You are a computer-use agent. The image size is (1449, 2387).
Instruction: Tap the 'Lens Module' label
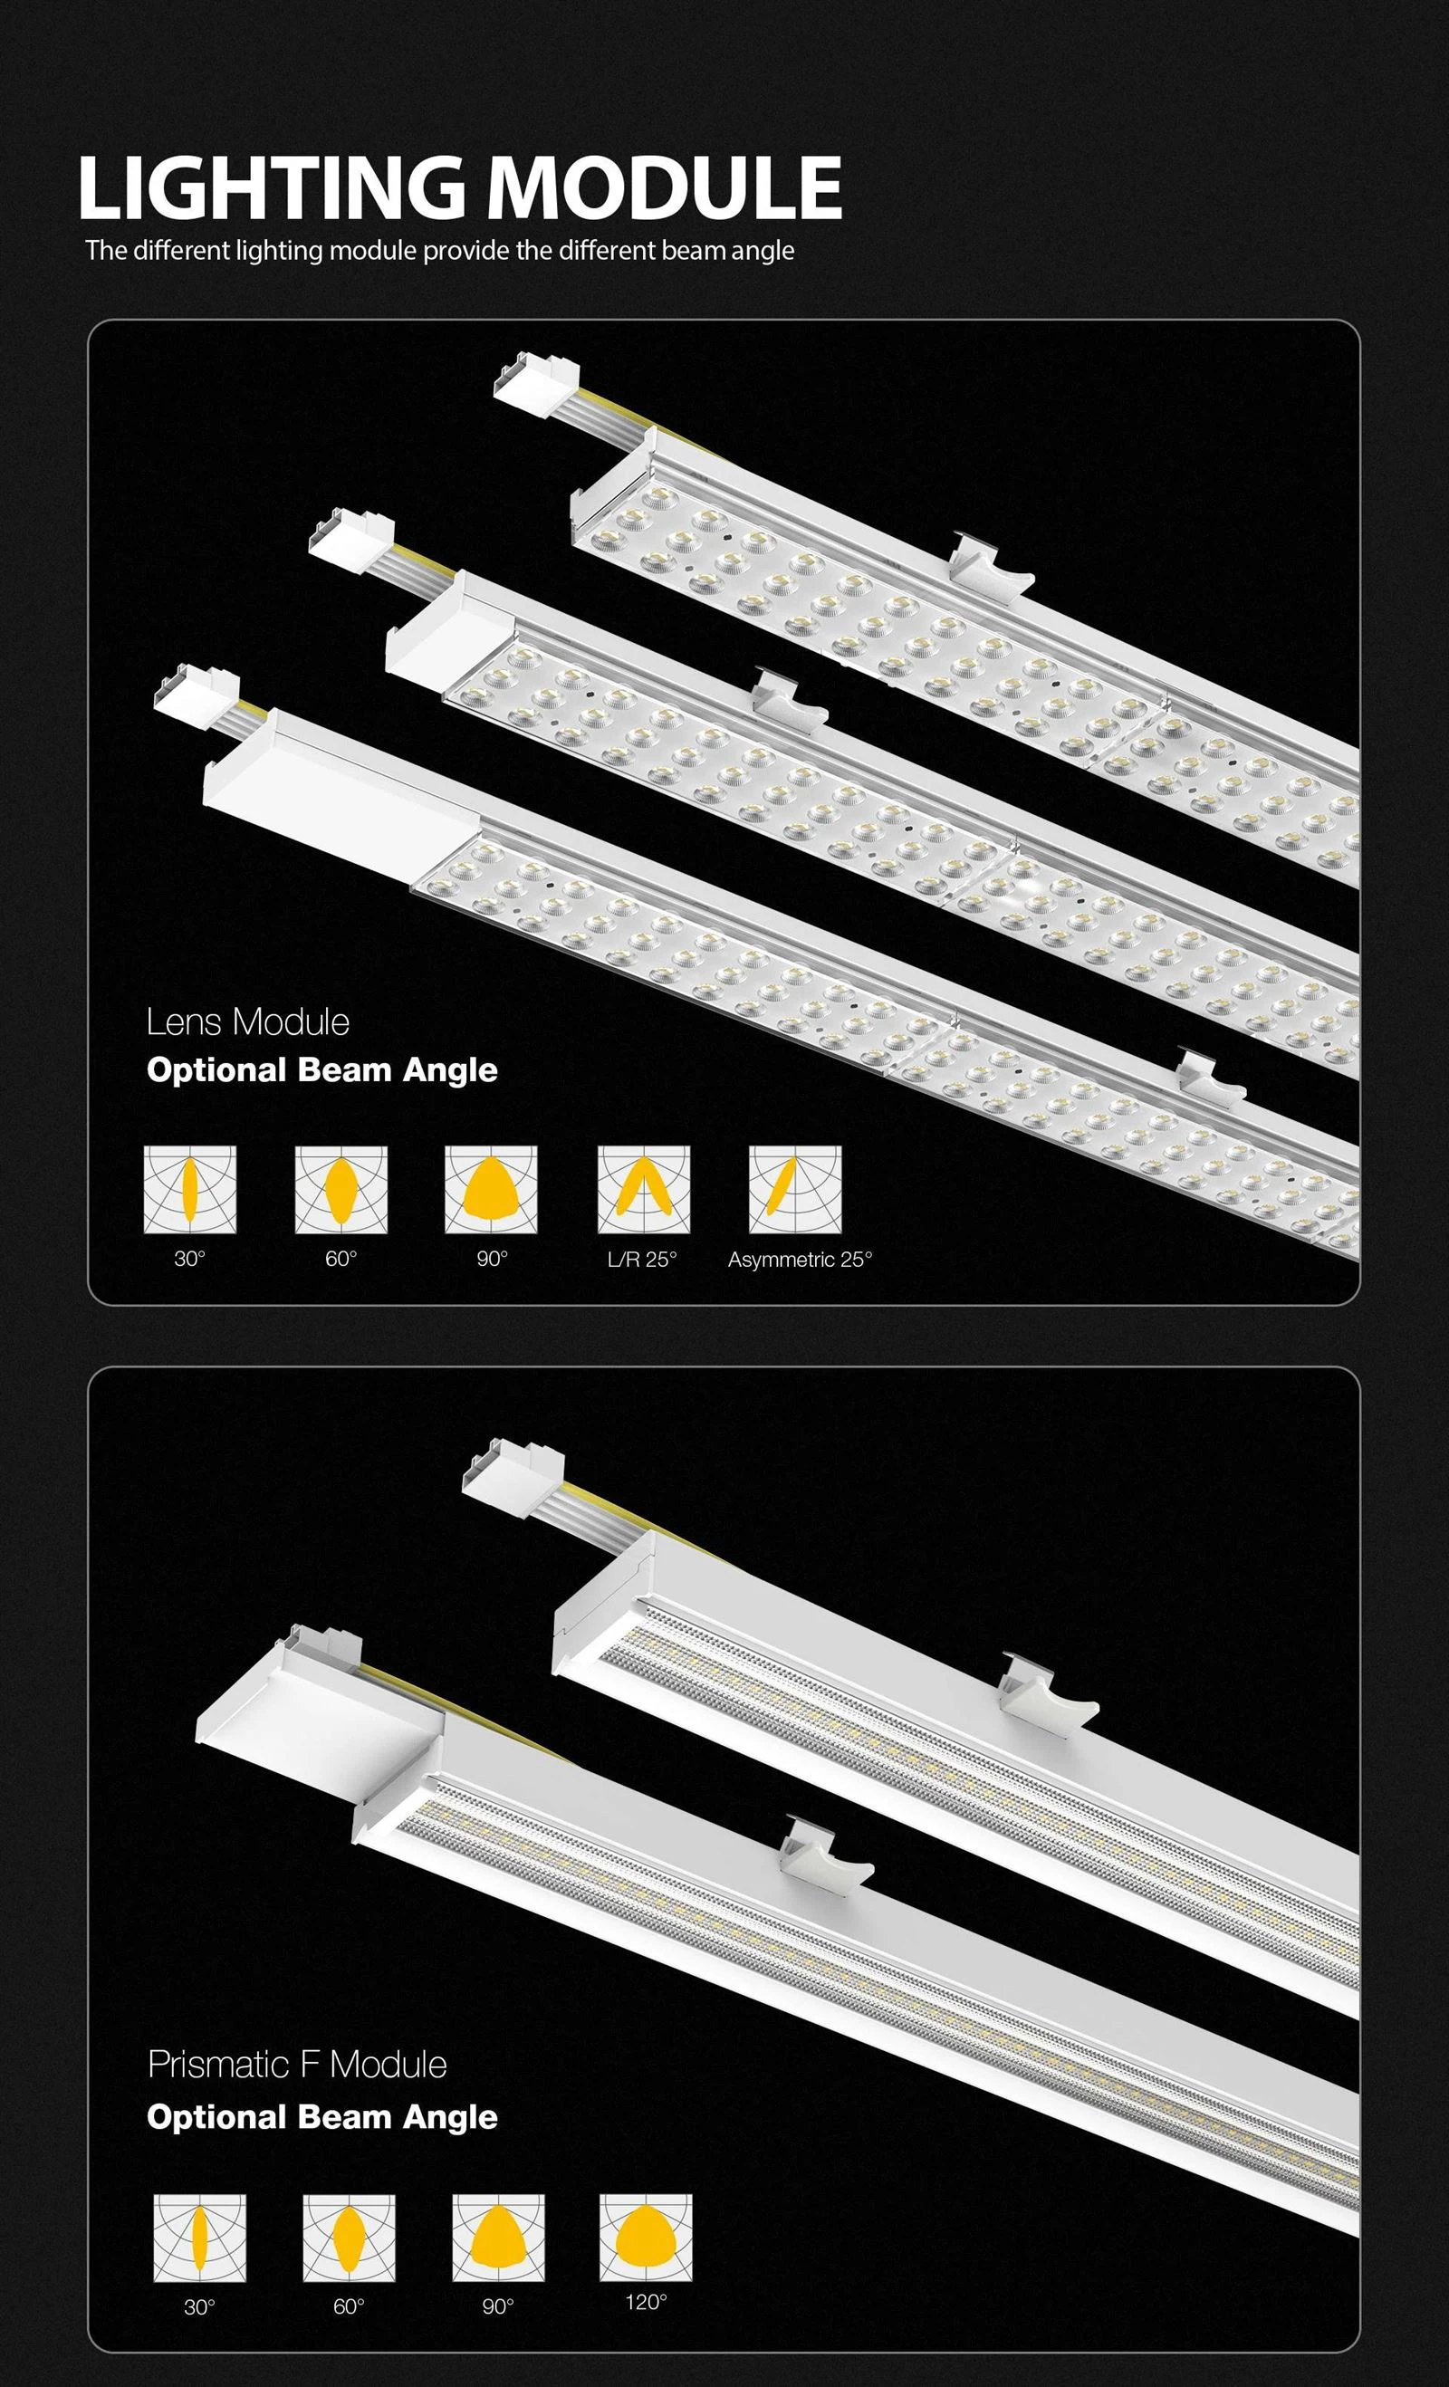tap(248, 1022)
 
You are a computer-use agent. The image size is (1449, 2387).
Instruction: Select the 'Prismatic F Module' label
tap(297, 2065)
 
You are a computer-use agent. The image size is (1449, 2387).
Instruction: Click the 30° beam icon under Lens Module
tap(190, 1190)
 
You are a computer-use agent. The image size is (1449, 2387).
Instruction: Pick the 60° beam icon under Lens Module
tap(341, 1190)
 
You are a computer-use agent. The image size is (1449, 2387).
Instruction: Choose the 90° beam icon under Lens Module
tap(491, 1190)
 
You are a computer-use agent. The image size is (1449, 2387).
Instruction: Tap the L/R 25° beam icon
tap(644, 1190)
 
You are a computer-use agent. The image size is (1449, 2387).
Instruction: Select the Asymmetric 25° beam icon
tap(795, 1190)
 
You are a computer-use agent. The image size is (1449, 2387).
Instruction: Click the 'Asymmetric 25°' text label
tap(800, 1260)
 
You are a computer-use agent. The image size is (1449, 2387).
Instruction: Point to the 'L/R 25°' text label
tap(642, 1260)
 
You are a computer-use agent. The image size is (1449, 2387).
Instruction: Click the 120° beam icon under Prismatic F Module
tap(646, 2238)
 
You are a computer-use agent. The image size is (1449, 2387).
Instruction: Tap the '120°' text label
tap(646, 2302)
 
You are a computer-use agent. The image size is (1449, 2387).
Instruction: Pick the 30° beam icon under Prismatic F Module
tap(199, 2238)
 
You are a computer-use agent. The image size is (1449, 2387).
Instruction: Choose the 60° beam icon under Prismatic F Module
tap(349, 2238)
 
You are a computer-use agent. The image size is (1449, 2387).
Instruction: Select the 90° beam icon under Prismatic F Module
tap(498, 2238)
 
